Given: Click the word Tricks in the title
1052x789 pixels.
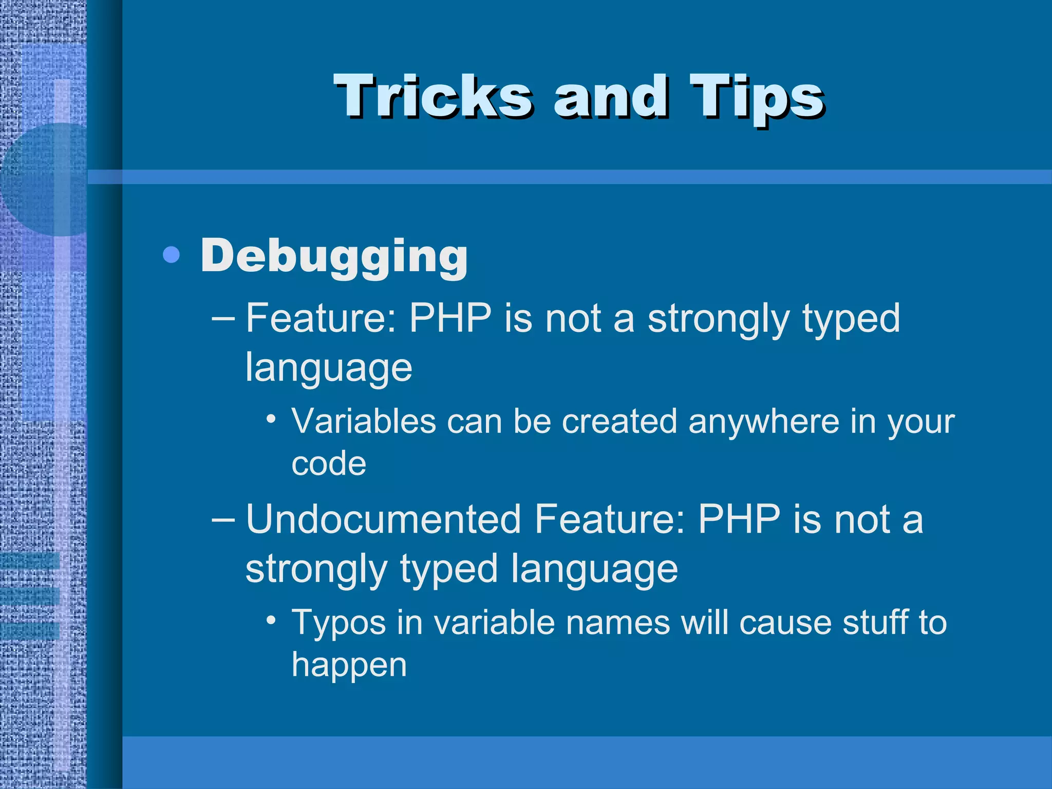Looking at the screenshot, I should (433, 97).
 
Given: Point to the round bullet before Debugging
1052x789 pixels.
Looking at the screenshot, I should (171, 255).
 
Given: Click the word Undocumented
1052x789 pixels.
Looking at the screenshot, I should (383, 519).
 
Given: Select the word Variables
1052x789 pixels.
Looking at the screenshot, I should (364, 422).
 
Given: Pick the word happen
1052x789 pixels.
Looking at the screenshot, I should (349, 665).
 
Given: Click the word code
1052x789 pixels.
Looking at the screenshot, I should (329, 464).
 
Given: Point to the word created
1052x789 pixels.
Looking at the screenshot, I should (619, 422).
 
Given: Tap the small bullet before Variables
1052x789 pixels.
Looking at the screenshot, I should (271, 419).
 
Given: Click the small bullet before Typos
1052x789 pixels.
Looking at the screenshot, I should (271, 619).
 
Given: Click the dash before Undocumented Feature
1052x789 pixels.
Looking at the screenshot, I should (223, 520).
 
